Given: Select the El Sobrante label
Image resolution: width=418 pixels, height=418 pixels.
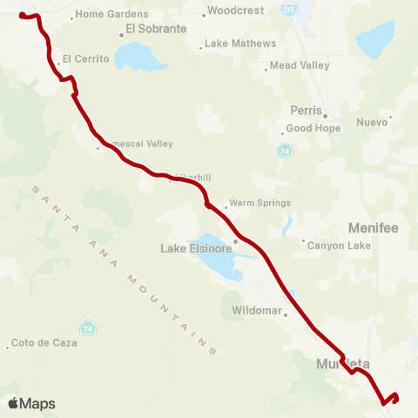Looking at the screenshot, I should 156,29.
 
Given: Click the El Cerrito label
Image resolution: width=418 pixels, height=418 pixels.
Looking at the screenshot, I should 84,58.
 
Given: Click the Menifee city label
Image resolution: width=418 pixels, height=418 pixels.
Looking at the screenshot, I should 373,228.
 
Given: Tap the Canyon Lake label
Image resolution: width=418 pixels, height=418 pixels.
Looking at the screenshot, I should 340,246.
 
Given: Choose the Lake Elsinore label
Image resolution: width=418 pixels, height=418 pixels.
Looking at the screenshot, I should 194,248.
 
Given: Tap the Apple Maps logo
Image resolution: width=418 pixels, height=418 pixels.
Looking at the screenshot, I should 31,403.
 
